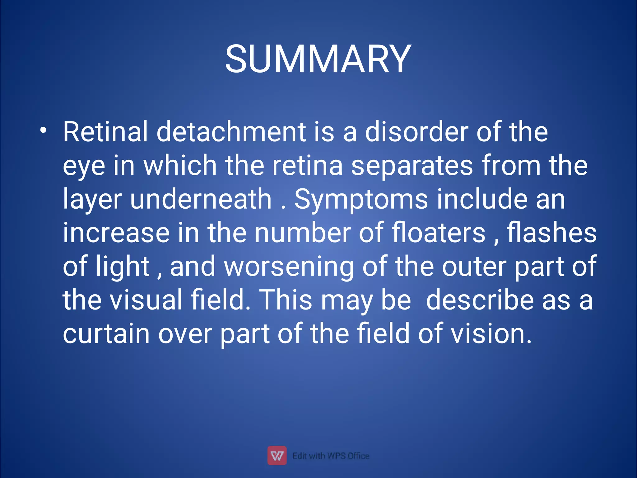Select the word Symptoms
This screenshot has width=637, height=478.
tap(361, 200)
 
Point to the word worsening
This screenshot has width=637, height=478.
tap(289, 267)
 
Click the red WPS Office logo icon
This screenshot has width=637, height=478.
tap(277, 456)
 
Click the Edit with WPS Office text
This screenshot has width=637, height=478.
tap(331, 456)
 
